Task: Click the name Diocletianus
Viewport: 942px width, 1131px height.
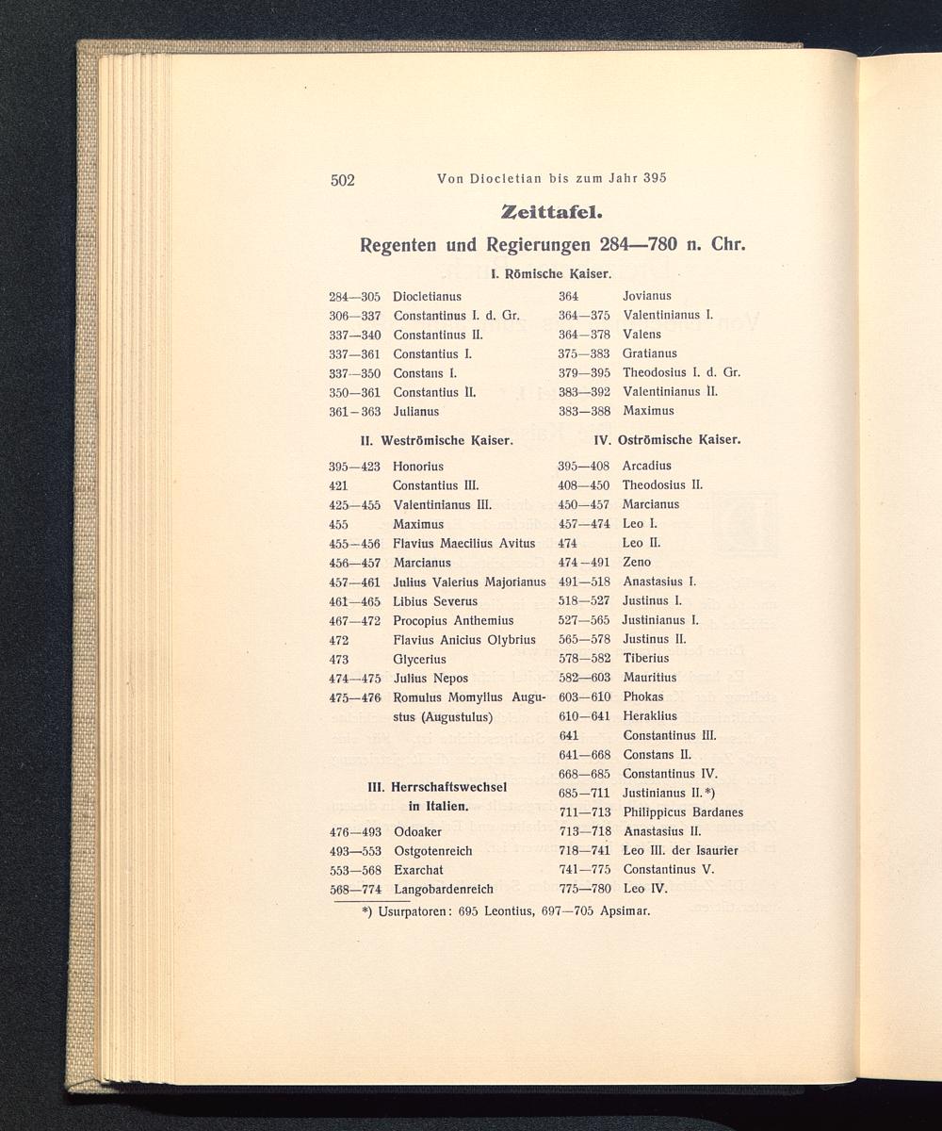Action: [x=427, y=296]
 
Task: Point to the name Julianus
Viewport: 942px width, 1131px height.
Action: [x=415, y=412]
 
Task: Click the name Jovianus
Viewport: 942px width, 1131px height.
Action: [x=647, y=296]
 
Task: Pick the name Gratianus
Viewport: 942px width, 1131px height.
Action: [x=650, y=353]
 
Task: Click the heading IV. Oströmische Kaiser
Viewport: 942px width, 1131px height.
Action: [x=667, y=439]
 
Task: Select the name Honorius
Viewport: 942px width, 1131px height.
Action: [x=418, y=467]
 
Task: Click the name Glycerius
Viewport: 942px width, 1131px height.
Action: [x=420, y=659]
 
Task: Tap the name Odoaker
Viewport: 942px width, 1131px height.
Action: [x=417, y=832]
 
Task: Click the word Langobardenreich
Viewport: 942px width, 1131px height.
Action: [x=444, y=889]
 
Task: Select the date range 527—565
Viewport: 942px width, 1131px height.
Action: [x=584, y=620]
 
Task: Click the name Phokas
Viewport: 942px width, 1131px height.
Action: [x=643, y=697]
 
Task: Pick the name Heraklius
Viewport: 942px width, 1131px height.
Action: [x=650, y=716]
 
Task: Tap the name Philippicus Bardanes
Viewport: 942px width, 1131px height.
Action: [x=683, y=812]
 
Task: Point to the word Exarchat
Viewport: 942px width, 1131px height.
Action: [x=418, y=870]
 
